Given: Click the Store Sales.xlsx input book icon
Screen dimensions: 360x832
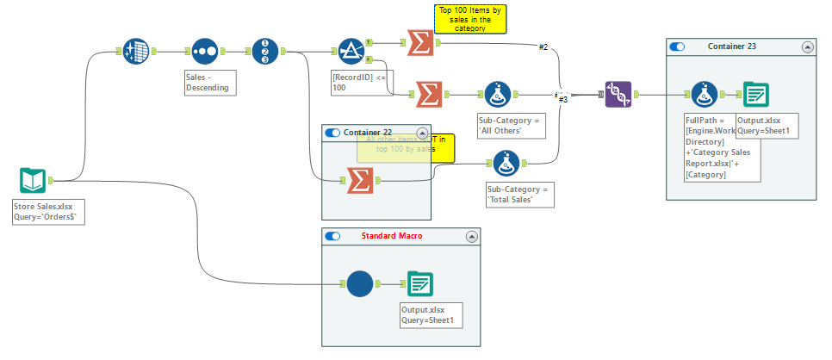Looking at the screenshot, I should (33, 181).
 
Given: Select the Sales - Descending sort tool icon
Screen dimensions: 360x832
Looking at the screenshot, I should (204, 52).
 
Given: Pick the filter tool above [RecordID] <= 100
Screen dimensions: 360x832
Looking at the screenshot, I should (349, 52).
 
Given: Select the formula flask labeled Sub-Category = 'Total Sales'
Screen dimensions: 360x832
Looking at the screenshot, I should (505, 163).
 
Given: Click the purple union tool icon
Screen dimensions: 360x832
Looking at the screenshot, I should (618, 95).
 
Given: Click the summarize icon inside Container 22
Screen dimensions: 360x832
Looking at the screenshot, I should (360, 181).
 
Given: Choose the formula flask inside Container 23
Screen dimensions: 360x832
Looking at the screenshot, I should (704, 95).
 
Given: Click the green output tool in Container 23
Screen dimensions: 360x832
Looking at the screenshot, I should (755, 95).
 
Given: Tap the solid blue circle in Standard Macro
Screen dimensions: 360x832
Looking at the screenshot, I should (360, 284).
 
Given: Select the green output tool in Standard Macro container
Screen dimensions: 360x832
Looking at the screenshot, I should (419, 284).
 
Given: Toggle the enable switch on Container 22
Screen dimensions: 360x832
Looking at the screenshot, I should (332, 133).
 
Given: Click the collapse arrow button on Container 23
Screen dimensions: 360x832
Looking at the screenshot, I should (806, 47).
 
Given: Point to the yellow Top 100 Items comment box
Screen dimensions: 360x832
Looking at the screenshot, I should (470, 19).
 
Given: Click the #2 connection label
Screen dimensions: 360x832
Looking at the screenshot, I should (543, 47).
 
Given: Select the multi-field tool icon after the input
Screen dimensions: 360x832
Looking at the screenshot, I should (135, 52).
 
